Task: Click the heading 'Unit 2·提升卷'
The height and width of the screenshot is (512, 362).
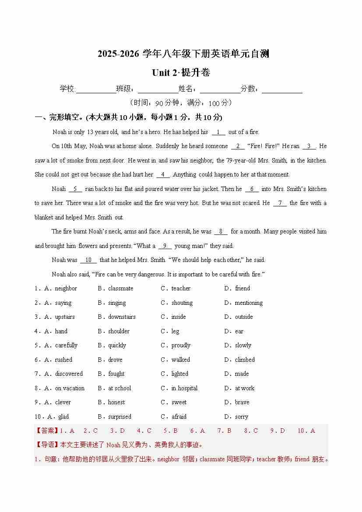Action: (x=181, y=73)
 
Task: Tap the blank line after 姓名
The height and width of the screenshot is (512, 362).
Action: (x=220, y=89)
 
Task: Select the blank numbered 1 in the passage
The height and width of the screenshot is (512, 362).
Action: (x=218, y=132)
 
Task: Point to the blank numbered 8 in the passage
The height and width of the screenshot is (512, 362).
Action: (x=221, y=231)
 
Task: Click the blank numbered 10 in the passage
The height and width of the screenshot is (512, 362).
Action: (x=88, y=260)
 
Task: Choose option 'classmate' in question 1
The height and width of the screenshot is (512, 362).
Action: (x=120, y=288)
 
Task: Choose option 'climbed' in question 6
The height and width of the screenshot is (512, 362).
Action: (x=244, y=360)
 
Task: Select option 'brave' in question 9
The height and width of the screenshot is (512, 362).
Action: (x=242, y=402)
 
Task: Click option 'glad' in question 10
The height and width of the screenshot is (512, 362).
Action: (x=63, y=417)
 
